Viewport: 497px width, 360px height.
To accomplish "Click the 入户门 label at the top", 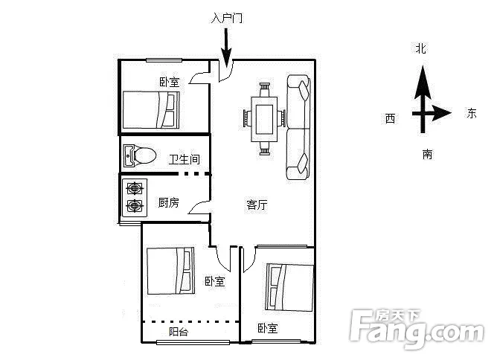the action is pos(227,18).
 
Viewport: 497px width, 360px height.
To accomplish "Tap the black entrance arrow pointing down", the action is pos(226,48).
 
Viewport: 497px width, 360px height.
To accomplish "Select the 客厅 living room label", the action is pos(257,205).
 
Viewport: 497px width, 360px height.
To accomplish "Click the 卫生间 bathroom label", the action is pos(185,159).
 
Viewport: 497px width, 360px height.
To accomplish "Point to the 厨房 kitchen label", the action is pos(168,202).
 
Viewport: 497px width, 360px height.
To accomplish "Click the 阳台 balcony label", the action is pos(179,332).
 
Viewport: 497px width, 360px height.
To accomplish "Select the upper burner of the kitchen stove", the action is pos(135,189).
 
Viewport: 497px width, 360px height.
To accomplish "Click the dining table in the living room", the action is pos(264,119).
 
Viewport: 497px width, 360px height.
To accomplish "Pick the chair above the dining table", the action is pos(265,89).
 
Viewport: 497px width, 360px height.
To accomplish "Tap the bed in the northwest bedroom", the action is pos(151,110).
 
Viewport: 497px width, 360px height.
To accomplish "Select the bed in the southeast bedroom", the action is pos(289,287).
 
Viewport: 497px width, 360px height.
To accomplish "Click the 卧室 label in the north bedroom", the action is pos(169,82).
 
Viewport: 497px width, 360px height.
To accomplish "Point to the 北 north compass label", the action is pos(421,48).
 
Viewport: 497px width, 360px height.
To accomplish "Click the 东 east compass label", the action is pos(471,113).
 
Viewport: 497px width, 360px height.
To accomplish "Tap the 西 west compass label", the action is pos(390,118).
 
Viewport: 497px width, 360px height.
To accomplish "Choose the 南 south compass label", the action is pos(427,154).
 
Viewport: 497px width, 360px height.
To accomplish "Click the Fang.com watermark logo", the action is pos(417,329).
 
